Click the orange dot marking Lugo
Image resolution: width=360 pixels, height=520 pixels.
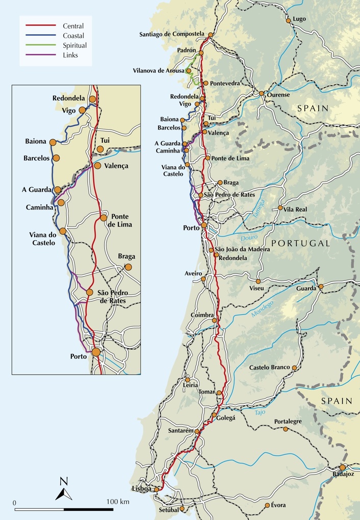pos(289,20)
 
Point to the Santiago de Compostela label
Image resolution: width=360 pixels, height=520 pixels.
pos(172,34)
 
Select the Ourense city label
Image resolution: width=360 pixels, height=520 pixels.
pos(278,95)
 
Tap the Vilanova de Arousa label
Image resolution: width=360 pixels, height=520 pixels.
pos(159,71)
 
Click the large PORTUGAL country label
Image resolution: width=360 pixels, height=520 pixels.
pos(300,243)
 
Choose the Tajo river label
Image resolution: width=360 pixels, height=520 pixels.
pos(260,411)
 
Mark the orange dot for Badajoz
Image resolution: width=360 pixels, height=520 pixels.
pos(343,467)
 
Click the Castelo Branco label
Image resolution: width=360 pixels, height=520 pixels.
pos(269,368)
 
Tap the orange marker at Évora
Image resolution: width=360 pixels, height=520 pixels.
pos(267,505)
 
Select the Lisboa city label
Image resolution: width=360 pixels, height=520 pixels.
pos(142,489)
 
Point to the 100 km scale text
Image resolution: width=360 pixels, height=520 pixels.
pos(118,502)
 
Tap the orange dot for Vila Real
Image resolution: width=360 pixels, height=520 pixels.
pos(280,208)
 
